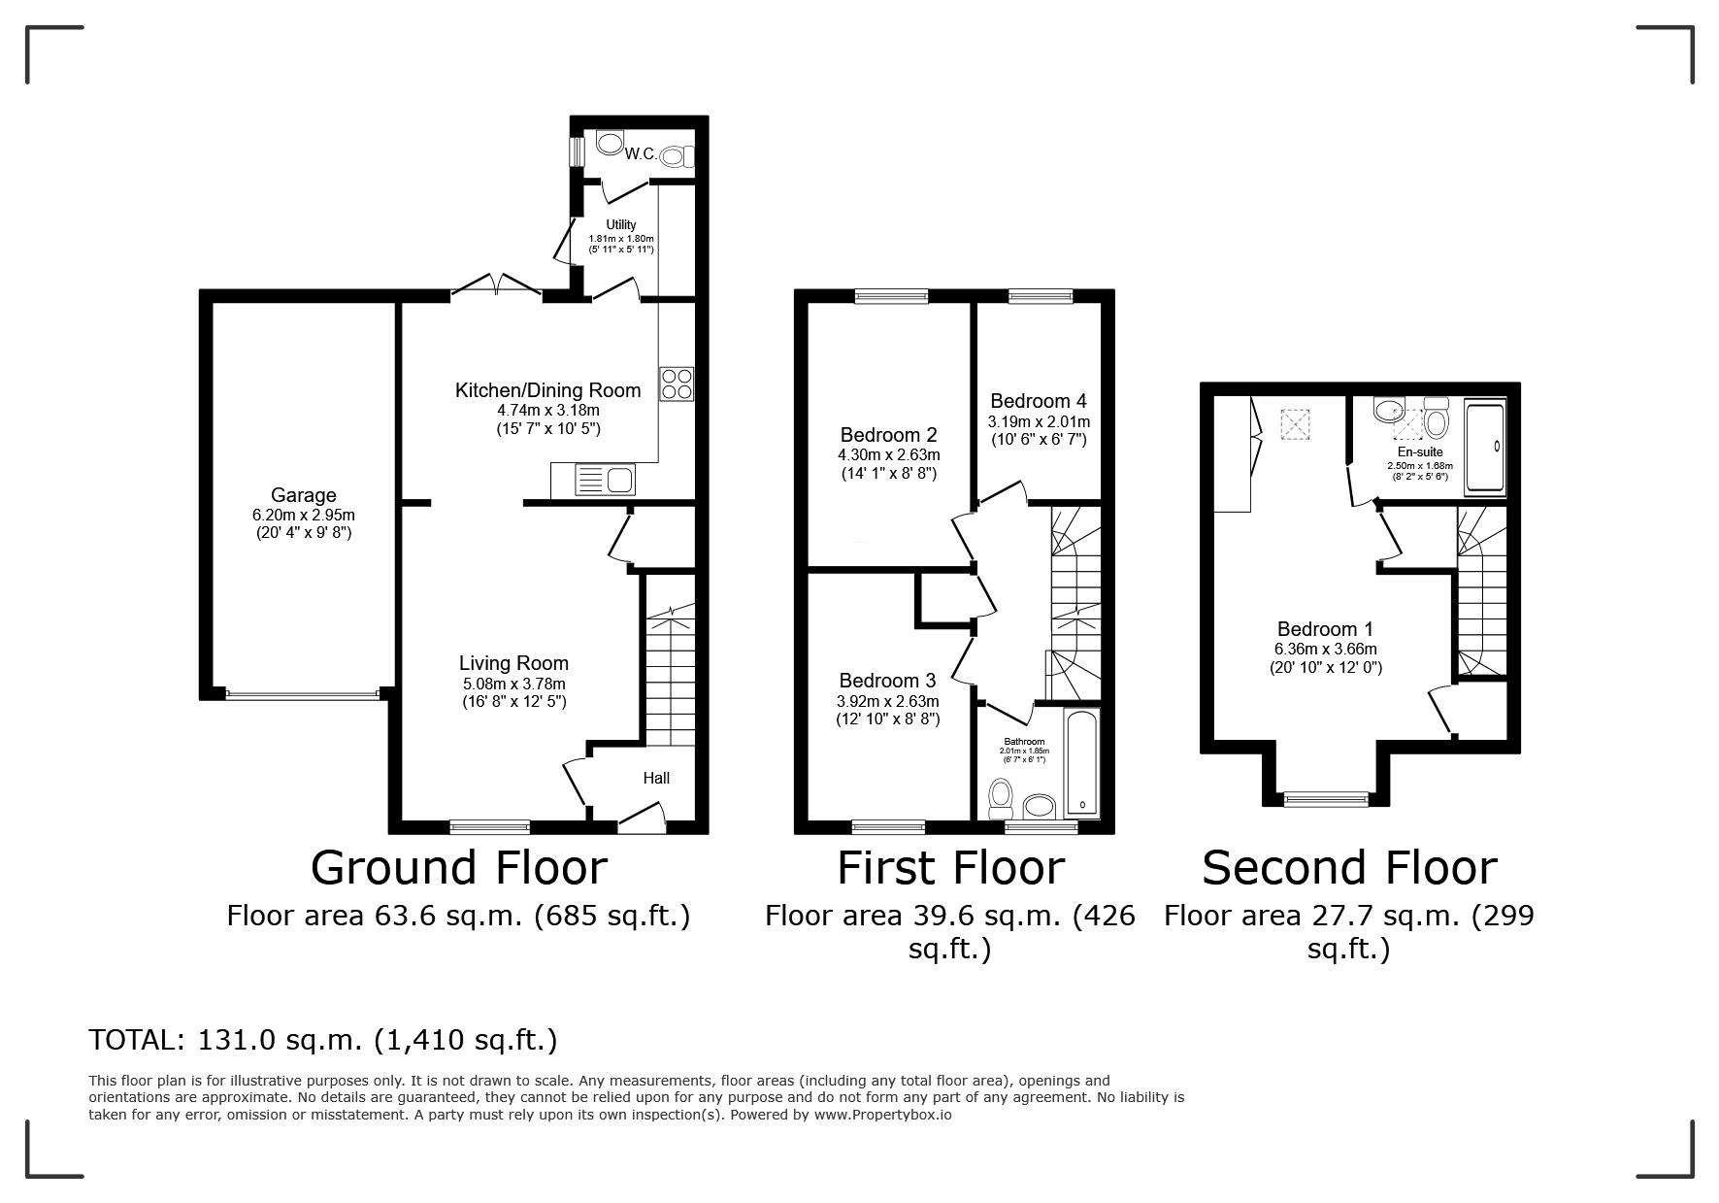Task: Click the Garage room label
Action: [304, 495]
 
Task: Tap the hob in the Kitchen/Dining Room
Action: [677, 384]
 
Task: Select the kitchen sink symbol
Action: [604, 481]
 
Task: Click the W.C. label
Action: [641, 154]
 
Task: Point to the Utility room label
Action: [621, 225]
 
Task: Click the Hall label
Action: [656, 778]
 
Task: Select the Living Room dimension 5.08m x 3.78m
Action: [514, 684]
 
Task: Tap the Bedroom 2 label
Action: [889, 434]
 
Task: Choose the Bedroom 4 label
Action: [1039, 401]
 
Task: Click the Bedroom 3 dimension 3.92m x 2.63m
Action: [888, 701]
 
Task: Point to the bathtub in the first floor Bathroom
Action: [1082, 762]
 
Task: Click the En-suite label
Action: [1420, 451]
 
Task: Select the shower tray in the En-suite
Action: [1485, 448]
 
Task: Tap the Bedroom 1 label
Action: [1326, 628]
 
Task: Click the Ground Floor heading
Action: [459, 867]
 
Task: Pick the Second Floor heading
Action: [1349, 867]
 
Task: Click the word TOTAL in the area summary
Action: [135, 1040]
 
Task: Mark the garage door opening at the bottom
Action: [302, 694]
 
